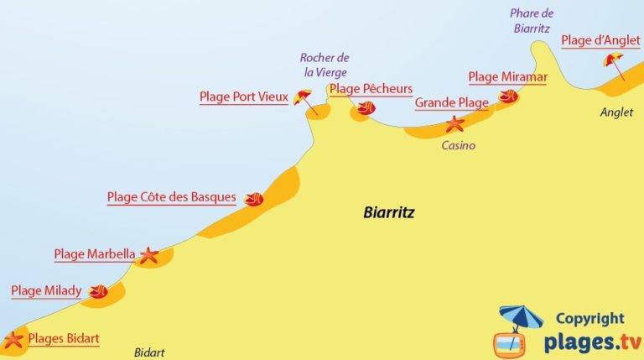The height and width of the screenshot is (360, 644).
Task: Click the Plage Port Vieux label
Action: [x=243, y=97]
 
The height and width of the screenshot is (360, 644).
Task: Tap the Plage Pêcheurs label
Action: [x=371, y=89]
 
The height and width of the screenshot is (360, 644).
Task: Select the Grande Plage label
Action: [x=451, y=103]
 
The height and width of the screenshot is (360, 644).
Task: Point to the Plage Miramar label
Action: [x=507, y=77]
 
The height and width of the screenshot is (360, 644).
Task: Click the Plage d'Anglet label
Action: [x=600, y=40]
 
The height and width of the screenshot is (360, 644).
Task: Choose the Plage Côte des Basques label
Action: [x=171, y=198]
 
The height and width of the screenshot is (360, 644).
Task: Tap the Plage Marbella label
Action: [x=94, y=254]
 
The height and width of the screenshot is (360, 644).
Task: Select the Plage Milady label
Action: [x=46, y=291]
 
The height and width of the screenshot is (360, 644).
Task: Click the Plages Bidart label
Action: [x=64, y=339]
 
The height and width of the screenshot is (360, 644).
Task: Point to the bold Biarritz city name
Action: [x=389, y=213]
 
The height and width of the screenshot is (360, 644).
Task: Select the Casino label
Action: [x=458, y=145]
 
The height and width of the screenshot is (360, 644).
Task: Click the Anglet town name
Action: [x=618, y=112]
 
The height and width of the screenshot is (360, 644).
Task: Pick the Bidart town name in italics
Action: [x=150, y=352]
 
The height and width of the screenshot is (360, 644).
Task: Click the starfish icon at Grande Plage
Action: [x=454, y=125]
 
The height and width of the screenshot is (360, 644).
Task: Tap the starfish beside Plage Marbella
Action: [x=148, y=256]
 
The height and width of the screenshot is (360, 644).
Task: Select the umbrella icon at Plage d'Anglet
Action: [x=614, y=62]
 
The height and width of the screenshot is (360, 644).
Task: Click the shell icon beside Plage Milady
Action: [x=98, y=292]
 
